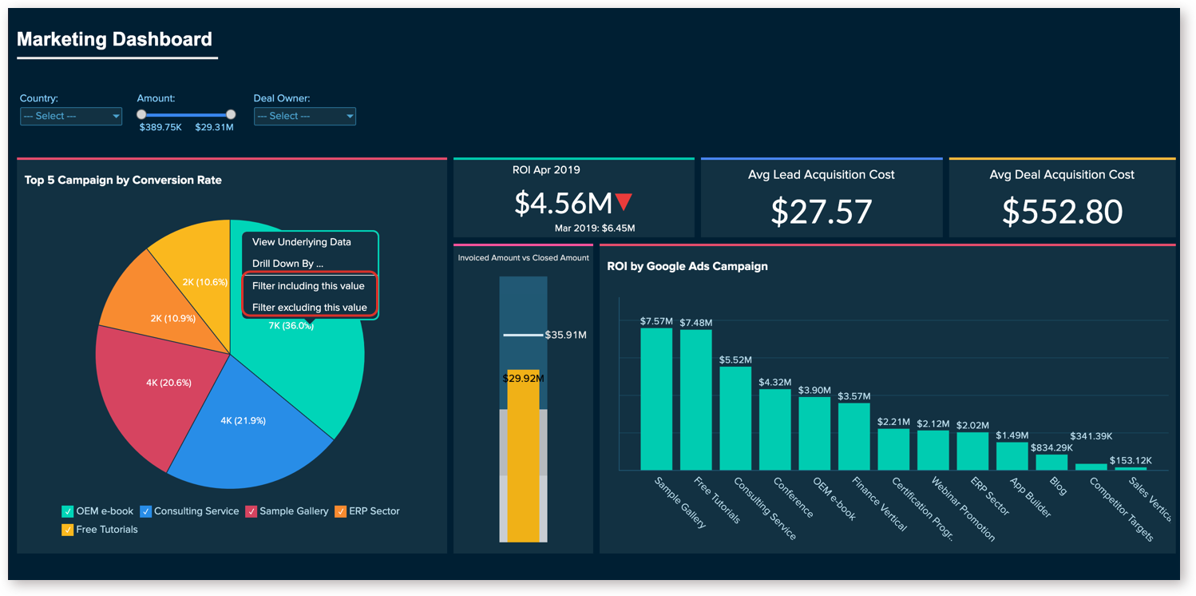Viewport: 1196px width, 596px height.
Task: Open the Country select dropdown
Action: [x=71, y=117]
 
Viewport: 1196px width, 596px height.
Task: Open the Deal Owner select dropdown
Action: [x=305, y=117]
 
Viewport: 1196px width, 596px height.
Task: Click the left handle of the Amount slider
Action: [x=141, y=115]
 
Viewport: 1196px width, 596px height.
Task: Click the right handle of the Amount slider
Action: [x=231, y=115]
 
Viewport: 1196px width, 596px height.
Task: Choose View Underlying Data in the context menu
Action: [x=302, y=242]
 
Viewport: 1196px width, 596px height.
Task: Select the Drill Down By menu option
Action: [x=288, y=264]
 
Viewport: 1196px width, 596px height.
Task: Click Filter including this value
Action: [x=308, y=286]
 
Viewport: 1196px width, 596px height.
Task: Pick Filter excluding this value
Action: [x=310, y=308]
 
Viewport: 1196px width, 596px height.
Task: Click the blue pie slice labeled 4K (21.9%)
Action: [x=244, y=427]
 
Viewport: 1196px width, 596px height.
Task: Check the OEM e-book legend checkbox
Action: [x=68, y=511]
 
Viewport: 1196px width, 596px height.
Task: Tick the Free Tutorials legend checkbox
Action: [x=68, y=530]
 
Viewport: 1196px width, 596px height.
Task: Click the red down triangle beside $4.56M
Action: [x=624, y=202]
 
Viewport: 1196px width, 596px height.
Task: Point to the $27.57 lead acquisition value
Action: [x=822, y=211]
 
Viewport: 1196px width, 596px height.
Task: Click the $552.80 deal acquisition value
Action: [x=1062, y=211]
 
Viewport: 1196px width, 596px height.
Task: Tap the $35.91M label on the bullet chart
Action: [x=566, y=335]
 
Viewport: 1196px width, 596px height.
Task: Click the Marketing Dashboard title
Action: [x=114, y=39]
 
